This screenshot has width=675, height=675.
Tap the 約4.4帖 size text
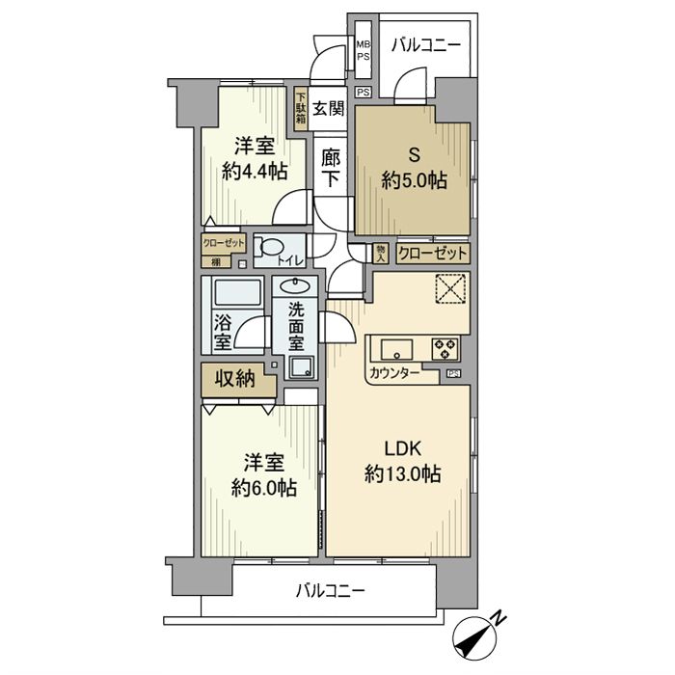[254, 172]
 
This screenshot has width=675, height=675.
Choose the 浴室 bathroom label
[221, 332]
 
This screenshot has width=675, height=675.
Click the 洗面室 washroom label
[298, 328]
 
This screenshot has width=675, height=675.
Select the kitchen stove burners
[445, 347]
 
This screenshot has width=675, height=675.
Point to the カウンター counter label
[393, 373]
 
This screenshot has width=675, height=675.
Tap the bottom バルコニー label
[330, 590]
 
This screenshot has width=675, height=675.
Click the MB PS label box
[363, 49]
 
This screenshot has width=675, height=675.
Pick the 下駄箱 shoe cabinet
[301, 108]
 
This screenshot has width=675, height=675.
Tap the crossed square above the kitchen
[450, 289]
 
